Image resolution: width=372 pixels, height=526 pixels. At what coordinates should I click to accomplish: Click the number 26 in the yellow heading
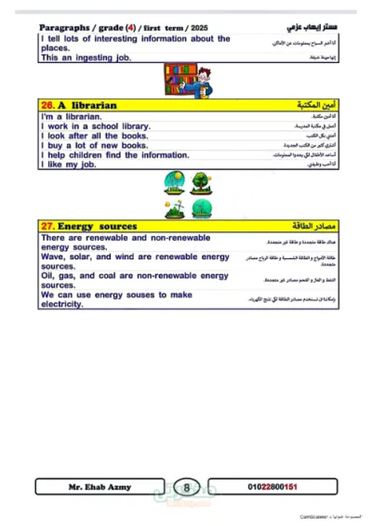click(x=49, y=105)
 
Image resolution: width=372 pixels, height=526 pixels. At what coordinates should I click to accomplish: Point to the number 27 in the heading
click(x=49, y=226)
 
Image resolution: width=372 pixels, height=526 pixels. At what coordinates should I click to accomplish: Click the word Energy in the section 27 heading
click(x=80, y=226)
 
